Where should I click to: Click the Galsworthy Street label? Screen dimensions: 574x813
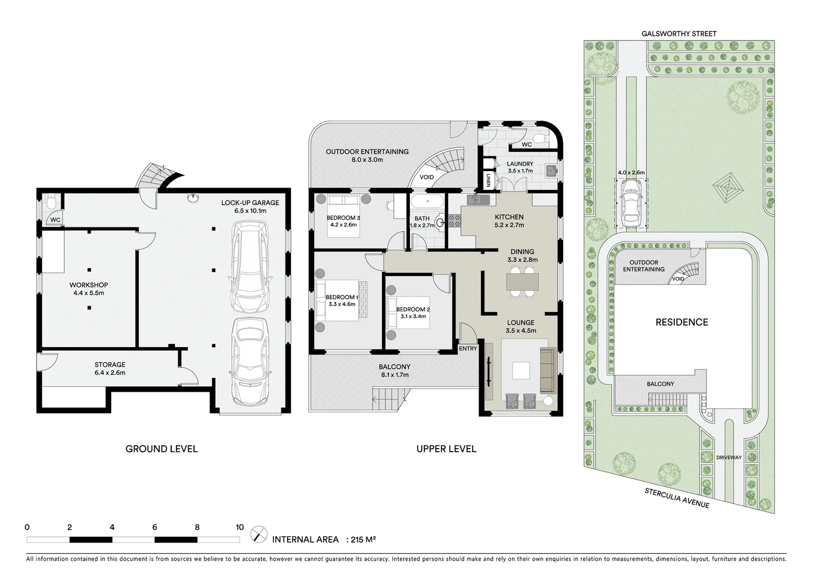679,33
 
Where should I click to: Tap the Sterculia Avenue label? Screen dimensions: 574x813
676,497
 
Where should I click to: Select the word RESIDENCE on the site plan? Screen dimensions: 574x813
681,322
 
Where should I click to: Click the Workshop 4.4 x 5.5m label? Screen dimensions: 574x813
89,289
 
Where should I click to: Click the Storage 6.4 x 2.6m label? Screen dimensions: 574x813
110,368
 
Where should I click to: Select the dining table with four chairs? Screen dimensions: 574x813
522,281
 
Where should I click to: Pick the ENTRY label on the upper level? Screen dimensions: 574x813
467,349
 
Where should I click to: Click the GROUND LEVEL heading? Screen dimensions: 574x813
161,449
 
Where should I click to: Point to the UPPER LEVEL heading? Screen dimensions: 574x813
446,449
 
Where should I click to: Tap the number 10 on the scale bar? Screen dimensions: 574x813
240,528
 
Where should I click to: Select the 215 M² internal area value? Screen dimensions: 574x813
364,539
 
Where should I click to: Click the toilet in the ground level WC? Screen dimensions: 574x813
51,203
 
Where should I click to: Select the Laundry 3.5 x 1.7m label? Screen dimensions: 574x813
519,167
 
